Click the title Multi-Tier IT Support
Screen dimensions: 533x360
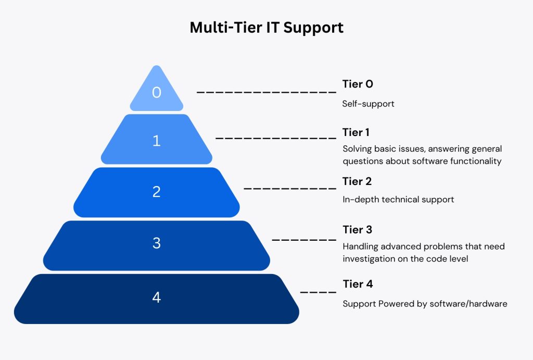[266, 28]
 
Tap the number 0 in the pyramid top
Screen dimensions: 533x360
[156, 93]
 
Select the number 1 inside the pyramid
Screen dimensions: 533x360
[156, 141]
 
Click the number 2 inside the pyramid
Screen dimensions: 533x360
[156, 192]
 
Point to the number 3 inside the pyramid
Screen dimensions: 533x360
[156, 243]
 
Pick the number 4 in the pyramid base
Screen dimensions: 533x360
[156, 297]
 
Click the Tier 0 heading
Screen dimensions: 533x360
[358, 84]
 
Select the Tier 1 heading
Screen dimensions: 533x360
[356, 132]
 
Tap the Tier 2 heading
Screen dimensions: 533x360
[357, 181]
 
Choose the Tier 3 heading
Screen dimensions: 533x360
[357, 229]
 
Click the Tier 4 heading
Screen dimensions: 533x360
[358, 284]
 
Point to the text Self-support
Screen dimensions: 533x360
[368, 104]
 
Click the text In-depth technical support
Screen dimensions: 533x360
[398, 200]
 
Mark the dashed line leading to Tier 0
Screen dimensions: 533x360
[266, 92]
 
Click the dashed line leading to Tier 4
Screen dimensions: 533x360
[318, 292]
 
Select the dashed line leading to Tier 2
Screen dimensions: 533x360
[290, 188]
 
